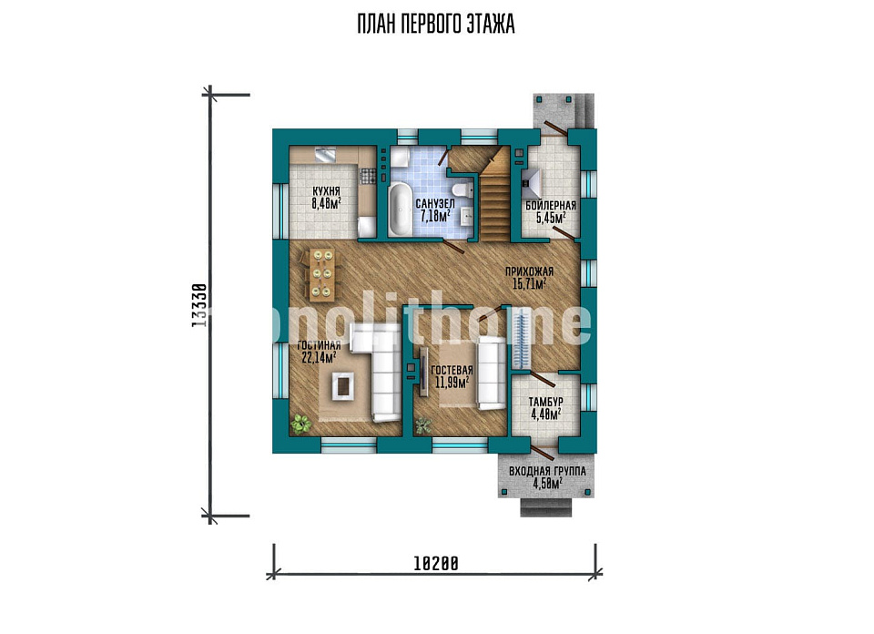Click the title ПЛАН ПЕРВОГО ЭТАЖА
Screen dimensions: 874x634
point(436,25)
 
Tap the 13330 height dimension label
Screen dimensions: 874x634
point(199,305)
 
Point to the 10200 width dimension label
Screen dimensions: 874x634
point(436,564)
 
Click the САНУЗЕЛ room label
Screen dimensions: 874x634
point(435,204)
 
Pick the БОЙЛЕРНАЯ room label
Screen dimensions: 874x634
point(551,206)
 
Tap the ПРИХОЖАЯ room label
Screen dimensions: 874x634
point(529,271)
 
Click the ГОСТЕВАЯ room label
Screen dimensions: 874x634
point(452,370)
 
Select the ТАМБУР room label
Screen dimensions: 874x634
point(545,402)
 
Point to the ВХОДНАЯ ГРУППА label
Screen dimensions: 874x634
point(547,471)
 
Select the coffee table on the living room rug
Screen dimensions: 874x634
point(342,384)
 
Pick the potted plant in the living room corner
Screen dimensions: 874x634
point(301,424)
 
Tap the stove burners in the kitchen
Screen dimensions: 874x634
point(367,176)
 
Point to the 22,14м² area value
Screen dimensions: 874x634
point(319,357)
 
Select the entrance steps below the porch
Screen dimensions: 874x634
point(547,506)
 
